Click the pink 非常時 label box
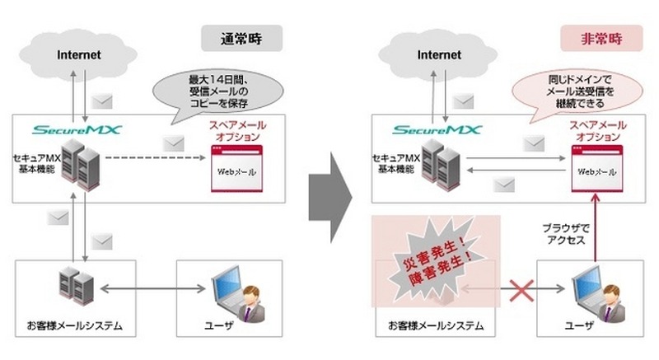pos(591,39)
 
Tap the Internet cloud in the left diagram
pos(79,55)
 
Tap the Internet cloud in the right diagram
pos(440,55)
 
